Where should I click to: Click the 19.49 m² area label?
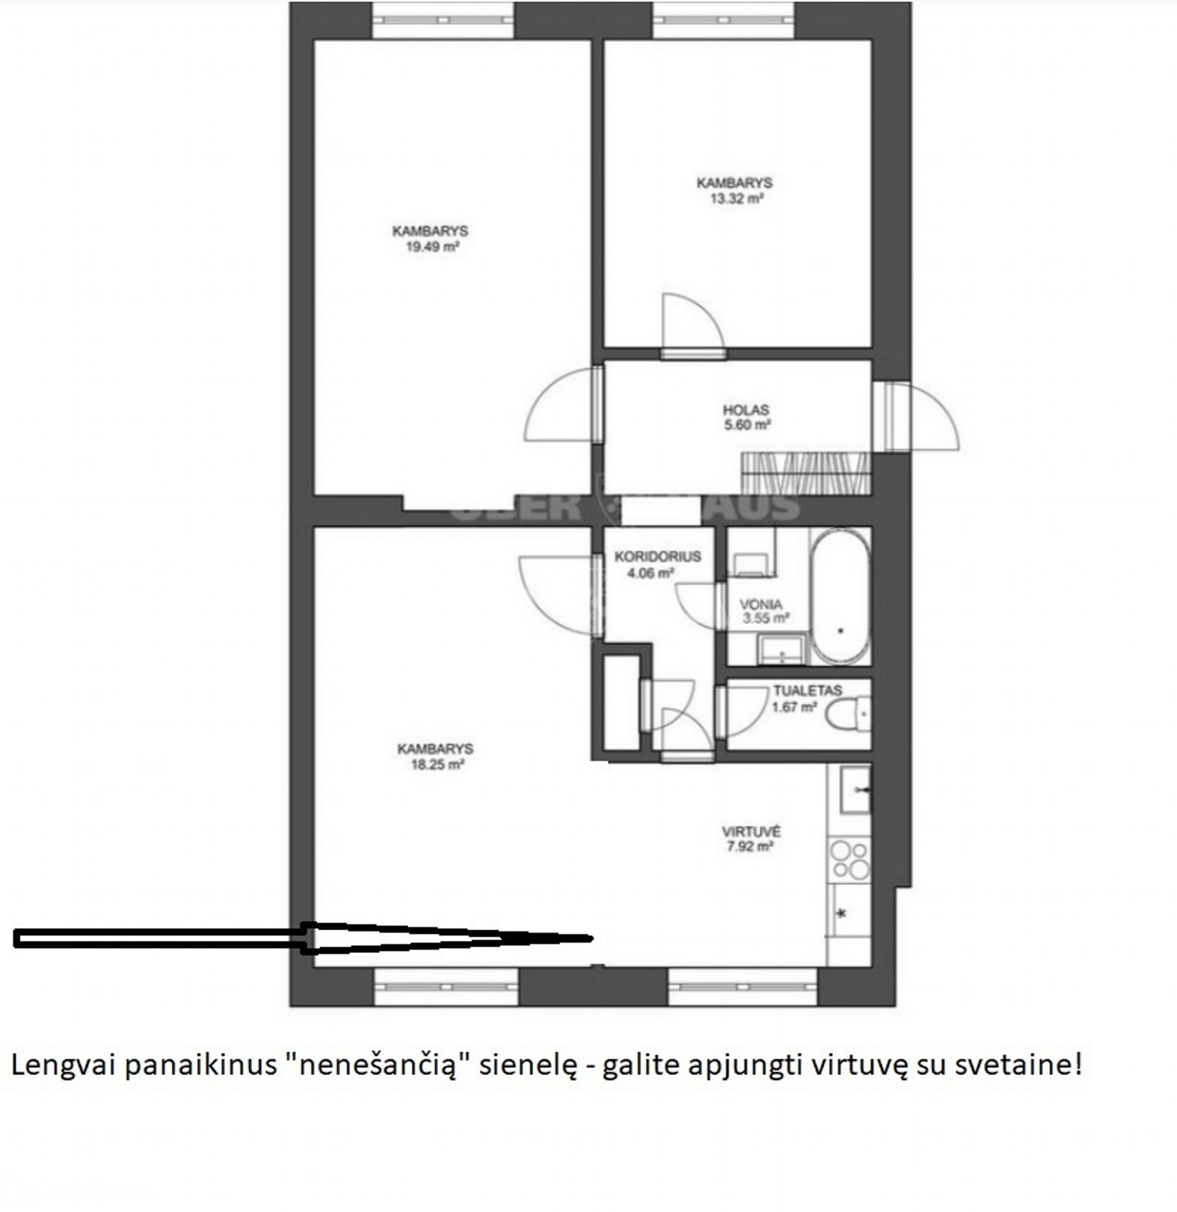pyautogui.click(x=433, y=247)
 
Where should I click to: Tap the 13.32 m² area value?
pyautogui.click(x=737, y=198)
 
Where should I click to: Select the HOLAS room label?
pyautogui.click(x=746, y=410)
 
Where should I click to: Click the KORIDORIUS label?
pyautogui.click(x=657, y=556)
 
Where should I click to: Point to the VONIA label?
pyautogui.click(x=761, y=604)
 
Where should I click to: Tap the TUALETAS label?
pyautogui.click(x=807, y=690)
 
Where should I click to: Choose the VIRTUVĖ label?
pyautogui.click(x=751, y=832)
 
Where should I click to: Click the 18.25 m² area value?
pyautogui.click(x=437, y=765)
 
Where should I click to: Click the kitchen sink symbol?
pyautogui.click(x=855, y=790)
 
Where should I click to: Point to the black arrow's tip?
pyautogui.click(x=592, y=938)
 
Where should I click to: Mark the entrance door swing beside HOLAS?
pyautogui.click(x=919, y=416)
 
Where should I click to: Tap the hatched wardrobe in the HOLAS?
pyautogui.click(x=806, y=473)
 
